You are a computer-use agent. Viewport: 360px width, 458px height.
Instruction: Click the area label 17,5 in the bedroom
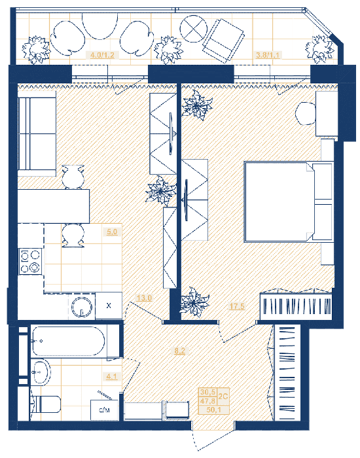[237, 306]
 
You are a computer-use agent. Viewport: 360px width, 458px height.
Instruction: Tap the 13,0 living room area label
[144, 298]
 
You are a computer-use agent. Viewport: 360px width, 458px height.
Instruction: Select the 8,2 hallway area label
[180, 351]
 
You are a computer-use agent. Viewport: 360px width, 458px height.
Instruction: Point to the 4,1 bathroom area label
[112, 376]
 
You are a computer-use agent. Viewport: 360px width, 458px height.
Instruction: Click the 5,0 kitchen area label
[112, 232]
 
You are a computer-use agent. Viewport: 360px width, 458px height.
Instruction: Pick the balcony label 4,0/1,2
[102, 54]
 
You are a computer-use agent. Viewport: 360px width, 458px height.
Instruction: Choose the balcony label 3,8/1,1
[267, 54]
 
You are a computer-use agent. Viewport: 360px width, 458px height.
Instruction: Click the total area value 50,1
[213, 410]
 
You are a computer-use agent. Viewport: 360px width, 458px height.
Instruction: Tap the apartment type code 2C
[223, 396]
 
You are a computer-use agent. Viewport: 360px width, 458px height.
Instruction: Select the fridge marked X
[109, 306]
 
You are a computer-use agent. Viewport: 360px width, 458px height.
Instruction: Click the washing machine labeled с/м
[104, 410]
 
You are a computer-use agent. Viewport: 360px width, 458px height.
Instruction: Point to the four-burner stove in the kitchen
[30, 261]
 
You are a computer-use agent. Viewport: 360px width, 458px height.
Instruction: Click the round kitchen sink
[82, 307]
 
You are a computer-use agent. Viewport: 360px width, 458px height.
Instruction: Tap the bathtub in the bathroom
[68, 342]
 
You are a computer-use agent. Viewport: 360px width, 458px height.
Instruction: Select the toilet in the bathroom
[46, 404]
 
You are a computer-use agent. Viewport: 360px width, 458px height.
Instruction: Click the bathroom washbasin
[41, 372]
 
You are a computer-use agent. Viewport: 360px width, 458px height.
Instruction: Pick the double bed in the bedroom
[289, 202]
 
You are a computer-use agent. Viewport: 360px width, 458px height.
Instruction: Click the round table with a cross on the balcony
[194, 29]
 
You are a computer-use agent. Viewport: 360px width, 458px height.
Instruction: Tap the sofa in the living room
[37, 133]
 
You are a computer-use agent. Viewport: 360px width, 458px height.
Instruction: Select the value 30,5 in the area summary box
[208, 392]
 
